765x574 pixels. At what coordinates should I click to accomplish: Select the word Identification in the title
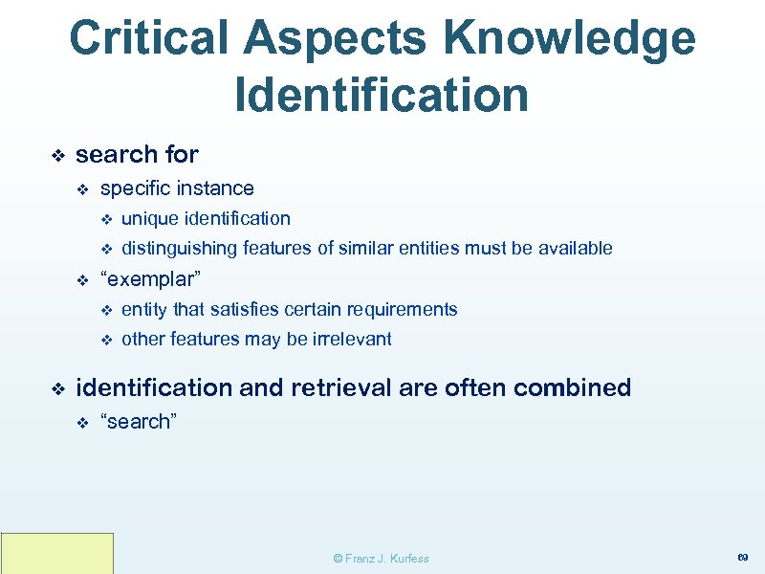(x=382, y=95)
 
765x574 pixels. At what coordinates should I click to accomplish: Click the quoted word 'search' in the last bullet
(x=139, y=422)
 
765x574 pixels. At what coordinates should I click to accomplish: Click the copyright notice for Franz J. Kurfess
(x=381, y=558)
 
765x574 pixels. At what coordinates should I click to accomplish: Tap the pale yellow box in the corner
(x=57, y=553)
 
